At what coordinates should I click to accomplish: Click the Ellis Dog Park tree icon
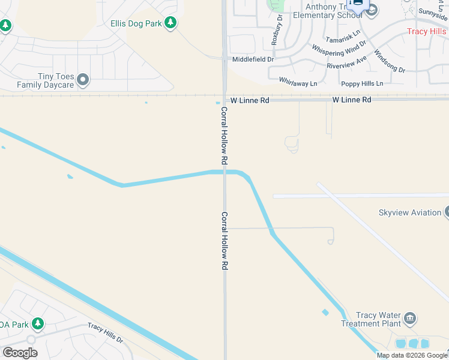tap(171, 23)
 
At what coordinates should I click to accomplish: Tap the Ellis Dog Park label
tap(137, 23)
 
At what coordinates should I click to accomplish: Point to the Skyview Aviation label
tap(410, 212)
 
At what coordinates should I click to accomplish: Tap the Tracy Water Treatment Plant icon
tap(411, 318)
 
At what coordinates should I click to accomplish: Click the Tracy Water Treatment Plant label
tap(378, 319)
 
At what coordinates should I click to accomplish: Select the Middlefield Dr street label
tap(253, 59)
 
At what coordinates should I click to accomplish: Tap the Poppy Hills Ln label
tap(362, 83)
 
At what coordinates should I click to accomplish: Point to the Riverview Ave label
tap(346, 62)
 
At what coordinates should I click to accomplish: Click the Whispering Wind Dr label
tap(339, 47)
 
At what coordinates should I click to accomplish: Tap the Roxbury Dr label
tap(278, 30)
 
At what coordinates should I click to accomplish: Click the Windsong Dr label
tap(390, 61)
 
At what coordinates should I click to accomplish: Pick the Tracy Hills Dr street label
tap(105, 333)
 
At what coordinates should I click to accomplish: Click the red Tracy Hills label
tap(427, 32)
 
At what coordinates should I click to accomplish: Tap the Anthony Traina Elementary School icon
tap(372, 10)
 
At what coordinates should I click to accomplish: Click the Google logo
tap(20, 353)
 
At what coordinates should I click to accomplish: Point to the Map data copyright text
tap(412, 355)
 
